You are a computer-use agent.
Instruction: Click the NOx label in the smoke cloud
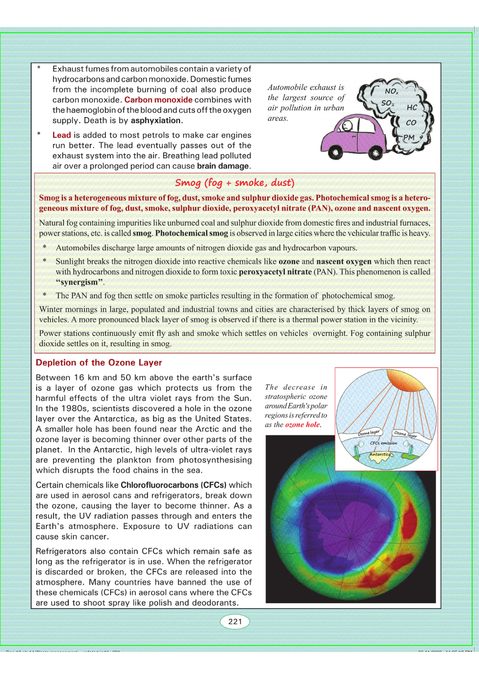(x=391, y=91)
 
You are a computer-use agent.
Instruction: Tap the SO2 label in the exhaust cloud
(x=388, y=103)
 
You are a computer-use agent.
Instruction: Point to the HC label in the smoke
(x=412, y=107)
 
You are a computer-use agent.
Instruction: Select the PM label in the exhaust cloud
(x=409, y=137)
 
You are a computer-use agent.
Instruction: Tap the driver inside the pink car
(x=347, y=126)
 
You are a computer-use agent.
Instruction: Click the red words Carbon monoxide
(x=158, y=100)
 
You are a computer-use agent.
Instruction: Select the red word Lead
(x=62, y=135)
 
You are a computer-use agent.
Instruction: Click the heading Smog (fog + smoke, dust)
(x=234, y=183)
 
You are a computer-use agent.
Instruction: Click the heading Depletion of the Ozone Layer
(x=99, y=363)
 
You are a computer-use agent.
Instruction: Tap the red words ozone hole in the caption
(x=302, y=425)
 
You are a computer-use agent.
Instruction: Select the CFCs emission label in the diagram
(x=383, y=443)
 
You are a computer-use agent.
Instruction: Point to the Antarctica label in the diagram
(x=380, y=455)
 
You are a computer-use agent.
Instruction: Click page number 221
(x=235, y=622)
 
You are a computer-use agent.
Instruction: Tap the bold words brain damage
(x=223, y=166)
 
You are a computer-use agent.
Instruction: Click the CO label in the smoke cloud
(x=411, y=123)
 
